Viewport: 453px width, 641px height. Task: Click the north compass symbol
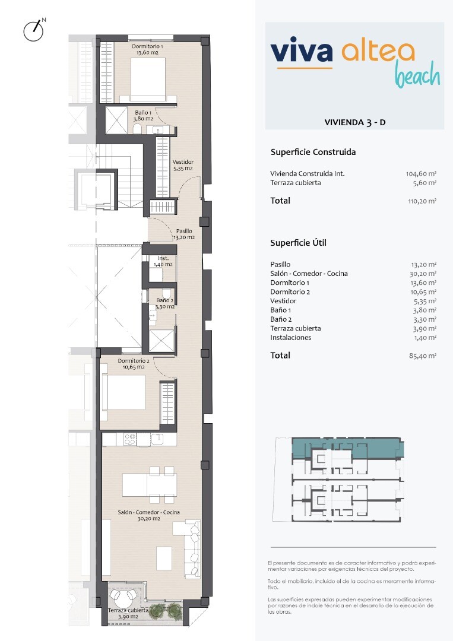click(x=33, y=30)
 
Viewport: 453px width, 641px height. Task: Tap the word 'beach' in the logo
click(x=417, y=75)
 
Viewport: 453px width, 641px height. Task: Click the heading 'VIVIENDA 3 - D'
click(x=355, y=122)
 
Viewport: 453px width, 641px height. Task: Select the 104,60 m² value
click(x=421, y=174)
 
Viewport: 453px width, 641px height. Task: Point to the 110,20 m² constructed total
click(x=422, y=201)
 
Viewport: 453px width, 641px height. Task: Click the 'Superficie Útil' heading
click(x=298, y=243)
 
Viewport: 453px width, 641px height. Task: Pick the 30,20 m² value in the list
click(x=423, y=274)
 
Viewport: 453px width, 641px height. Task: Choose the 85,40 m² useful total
click(x=423, y=356)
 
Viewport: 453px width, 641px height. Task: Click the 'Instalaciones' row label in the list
click(x=291, y=338)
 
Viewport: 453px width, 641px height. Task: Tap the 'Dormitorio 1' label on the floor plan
click(x=147, y=47)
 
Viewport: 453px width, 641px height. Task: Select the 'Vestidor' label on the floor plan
click(x=183, y=162)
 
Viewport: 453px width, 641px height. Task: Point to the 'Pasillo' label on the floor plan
click(x=184, y=231)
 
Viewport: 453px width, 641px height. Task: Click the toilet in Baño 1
click(x=137, y=129)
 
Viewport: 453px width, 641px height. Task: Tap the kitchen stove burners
click(x=129, y=439)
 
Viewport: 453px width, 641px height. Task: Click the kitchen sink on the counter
click(x=157, y=439)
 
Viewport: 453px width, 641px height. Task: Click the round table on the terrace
click(x=124, y=598)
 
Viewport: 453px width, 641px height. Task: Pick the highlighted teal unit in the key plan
click(x=347, y=448)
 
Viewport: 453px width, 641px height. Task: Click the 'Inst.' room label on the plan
click(x=163, y=258)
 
